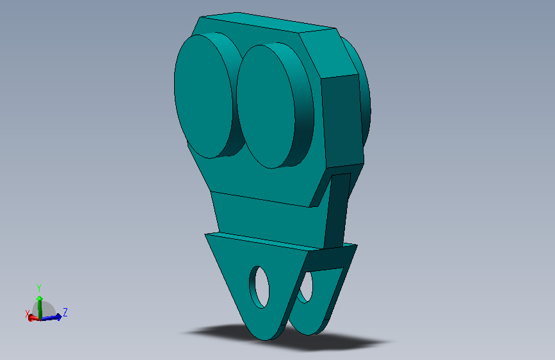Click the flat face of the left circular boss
(x=203, y=96)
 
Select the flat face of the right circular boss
(x=266, y=106)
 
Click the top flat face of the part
(x=267, y=22)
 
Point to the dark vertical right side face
(x=342, y=120)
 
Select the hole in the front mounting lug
(x=259, y=287)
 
